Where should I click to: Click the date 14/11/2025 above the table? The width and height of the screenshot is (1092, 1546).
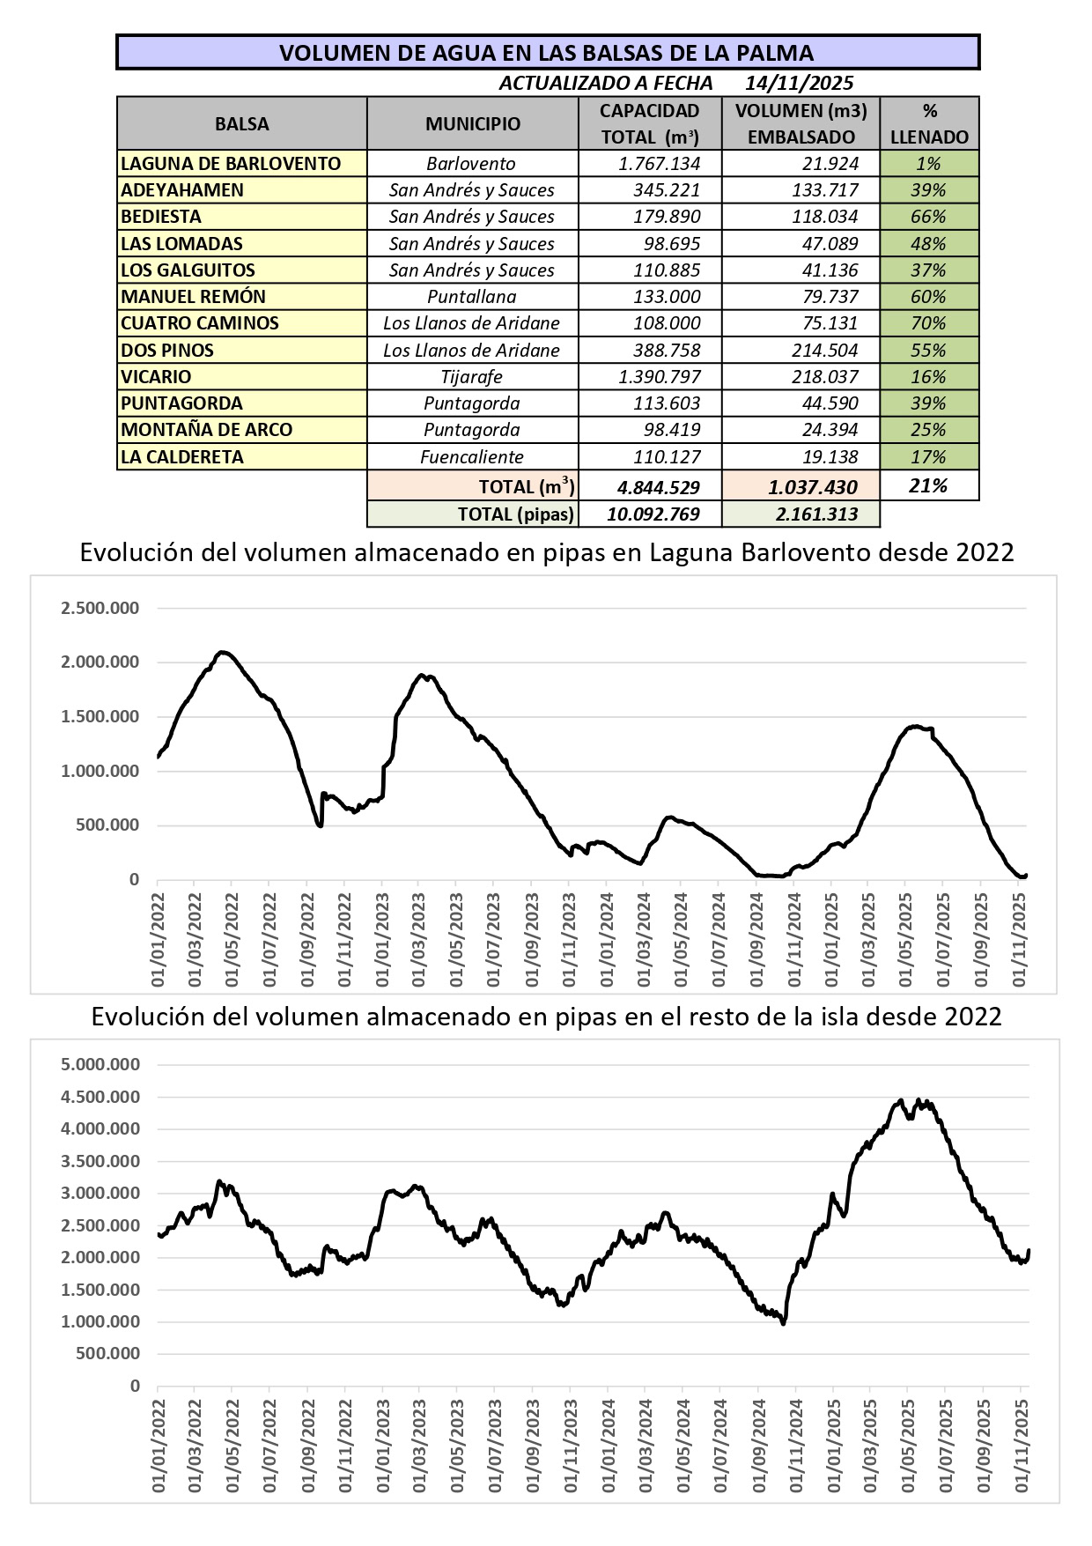coord(799,83)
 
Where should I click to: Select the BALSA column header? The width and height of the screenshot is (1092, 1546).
coord(242,123)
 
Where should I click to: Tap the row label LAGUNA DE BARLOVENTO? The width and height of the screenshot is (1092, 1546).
coord(231,164)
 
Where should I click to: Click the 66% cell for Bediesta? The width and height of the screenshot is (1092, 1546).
coord(928,217)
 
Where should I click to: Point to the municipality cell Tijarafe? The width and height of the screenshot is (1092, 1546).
coord(472,377)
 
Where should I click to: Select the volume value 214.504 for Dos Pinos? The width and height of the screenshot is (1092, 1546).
coord(824,351)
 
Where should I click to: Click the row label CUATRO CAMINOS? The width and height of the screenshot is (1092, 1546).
coord(200,323)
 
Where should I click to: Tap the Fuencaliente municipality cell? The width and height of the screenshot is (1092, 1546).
coord(472,457)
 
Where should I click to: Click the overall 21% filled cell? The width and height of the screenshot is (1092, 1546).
coord(928,486)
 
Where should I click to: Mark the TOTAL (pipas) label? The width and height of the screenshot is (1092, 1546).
coord(516,514)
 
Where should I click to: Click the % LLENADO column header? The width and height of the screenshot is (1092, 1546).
coord(929,123)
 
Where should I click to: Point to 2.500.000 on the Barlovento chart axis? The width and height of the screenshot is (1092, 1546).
coord(100,608)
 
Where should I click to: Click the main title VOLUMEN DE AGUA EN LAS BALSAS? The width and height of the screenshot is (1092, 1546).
coord(546,53)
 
